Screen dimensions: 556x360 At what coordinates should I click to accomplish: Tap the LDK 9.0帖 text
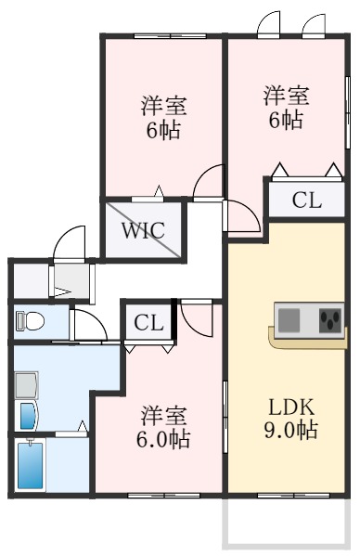[292, 419]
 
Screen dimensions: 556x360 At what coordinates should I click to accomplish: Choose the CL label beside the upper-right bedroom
[306, 200]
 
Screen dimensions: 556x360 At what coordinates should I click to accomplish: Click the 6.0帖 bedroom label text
[165, 426]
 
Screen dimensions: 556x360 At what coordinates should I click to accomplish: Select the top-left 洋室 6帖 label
[161, 116]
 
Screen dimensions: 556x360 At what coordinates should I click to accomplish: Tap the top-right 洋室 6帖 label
[285, 107]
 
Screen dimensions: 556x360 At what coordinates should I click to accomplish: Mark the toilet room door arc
[88, 325]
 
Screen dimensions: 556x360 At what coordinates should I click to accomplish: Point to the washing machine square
[26, 382]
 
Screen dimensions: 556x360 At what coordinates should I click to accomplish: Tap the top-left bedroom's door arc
[209, 182]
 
